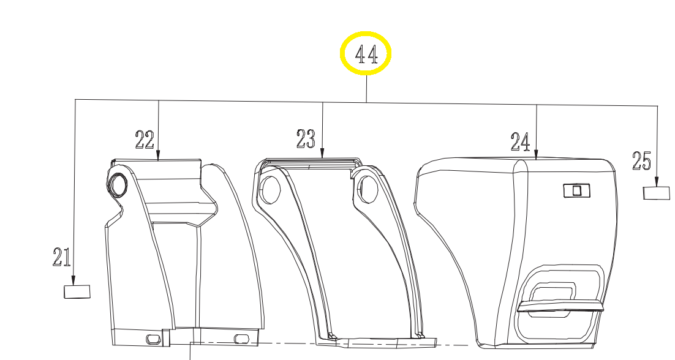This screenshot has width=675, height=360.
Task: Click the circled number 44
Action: pos(366,54)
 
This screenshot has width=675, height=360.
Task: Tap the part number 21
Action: pos(62,257)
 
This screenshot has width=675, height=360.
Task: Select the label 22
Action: pos(144,140)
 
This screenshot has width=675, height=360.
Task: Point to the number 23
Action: pos(306,138)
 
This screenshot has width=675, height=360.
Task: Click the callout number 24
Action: pos(520,141)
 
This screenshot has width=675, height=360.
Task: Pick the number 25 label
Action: pos(641,160)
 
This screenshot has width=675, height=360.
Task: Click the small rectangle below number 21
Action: pos(77,291)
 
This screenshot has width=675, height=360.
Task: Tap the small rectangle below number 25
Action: pos(657,193)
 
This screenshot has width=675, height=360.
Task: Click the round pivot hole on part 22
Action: pos(118,184)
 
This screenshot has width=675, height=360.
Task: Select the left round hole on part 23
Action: pos(270,189)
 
